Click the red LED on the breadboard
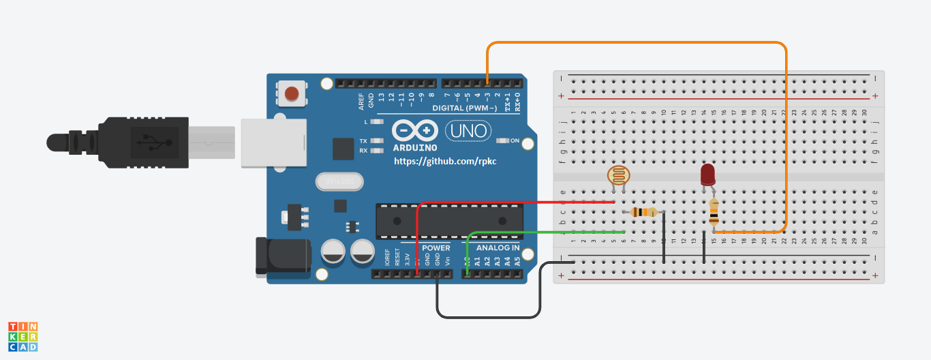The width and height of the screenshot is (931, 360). coord(707,175)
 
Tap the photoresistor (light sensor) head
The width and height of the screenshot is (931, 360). coord(618,177)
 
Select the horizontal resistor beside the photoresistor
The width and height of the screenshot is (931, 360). coord(643,212)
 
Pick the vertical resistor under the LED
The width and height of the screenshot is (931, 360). coord(714,213)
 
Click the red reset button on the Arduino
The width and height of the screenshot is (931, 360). coord(292,93)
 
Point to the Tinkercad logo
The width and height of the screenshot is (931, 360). coord(22,337)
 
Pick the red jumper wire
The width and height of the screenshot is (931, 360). coord(511,202)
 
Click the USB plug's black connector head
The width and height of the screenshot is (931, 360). coord(143,142)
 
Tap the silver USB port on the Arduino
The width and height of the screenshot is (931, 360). coord(273,142)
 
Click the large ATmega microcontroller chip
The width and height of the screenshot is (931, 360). coord(449,220)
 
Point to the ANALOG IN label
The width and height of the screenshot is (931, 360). coord(497,247)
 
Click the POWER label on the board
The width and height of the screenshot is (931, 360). coord(436,247)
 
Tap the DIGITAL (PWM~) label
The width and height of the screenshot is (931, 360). coord(461,108)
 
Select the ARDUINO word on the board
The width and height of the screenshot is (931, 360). coord(414,147)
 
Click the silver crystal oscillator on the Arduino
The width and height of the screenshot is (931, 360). coord(339,182)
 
